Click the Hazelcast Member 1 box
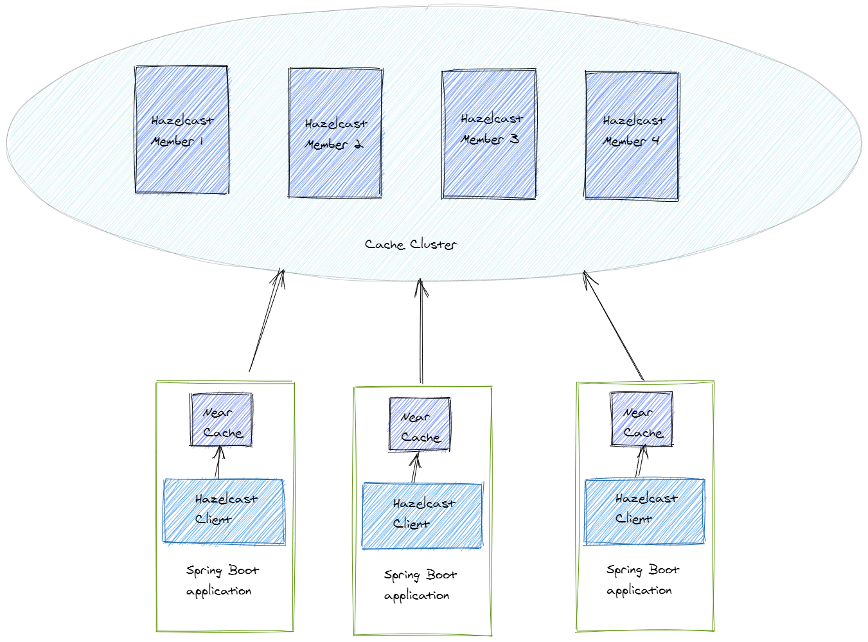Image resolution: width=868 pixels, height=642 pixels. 182,129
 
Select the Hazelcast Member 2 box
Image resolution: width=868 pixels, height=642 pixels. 335,133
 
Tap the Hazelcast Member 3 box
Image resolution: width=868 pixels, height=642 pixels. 489,134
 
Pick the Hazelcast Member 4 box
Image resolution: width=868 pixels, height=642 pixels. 632,136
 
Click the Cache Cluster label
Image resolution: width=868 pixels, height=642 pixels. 411,244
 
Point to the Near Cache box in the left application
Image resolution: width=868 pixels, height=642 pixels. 222,420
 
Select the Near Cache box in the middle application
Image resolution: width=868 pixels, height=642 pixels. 420,424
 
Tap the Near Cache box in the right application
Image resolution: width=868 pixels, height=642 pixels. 641,419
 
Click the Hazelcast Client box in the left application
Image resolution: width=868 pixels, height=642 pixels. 224,512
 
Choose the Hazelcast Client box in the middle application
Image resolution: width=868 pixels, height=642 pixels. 422,515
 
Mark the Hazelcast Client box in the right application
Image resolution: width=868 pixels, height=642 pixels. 644,511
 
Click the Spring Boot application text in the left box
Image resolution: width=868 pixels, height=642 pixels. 222,580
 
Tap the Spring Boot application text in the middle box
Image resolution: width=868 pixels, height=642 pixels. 420,585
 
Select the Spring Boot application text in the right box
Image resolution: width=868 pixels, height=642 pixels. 642,580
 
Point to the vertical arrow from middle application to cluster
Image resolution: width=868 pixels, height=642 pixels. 421,331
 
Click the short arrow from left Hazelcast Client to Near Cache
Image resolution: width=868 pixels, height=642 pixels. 218,463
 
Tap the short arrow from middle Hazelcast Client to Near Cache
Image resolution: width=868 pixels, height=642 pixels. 415,468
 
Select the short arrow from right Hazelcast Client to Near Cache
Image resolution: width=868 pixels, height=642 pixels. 640,461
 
